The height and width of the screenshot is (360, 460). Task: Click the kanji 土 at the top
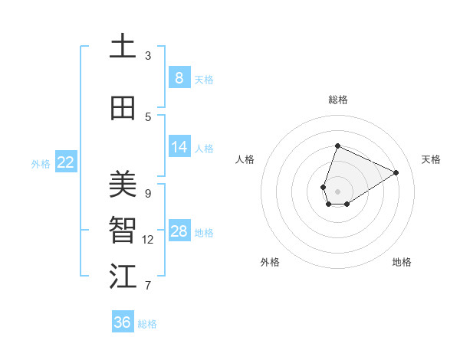coord(123,47)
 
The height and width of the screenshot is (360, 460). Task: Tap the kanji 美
coord(123,184)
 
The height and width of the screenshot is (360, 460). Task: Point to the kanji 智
coord(123,231)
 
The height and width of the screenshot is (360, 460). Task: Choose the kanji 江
coord(123,277)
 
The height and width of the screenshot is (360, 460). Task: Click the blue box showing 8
coord(179,78)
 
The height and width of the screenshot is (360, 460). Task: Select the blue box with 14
coord(179,147)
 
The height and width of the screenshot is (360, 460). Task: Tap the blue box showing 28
coord(179,231)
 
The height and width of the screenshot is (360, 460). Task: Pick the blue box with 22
coord(66,162)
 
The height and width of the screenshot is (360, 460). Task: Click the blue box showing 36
coord(123,322)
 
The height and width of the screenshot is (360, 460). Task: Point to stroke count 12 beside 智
coord(148,240)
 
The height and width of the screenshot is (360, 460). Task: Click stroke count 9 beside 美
coord(148,193)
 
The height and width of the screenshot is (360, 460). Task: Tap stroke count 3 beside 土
coord(148,56)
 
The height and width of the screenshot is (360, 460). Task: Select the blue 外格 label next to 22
coord(41,163)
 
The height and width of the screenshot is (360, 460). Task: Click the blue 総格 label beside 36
coord(147,324)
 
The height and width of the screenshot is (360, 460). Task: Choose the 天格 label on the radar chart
coord(431,159)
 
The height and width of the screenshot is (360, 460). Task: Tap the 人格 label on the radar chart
coord(245,159)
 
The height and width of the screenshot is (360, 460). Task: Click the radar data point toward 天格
coord(396,172)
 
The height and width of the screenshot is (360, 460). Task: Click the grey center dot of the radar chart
coord(337,191)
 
